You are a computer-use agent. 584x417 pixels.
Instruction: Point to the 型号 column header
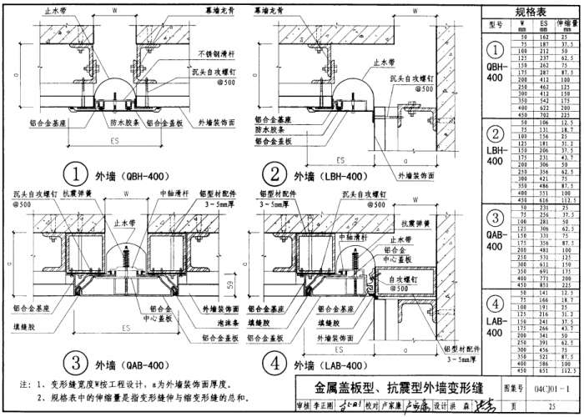495,27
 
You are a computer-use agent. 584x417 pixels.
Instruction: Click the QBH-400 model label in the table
495,70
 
